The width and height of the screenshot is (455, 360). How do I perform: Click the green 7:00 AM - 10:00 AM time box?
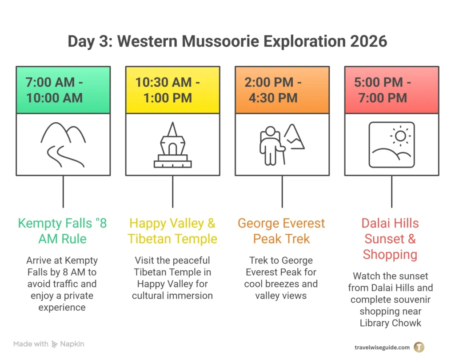click(x=63, y=90)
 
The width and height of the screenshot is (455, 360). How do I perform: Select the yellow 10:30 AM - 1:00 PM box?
click(x=172, y=90)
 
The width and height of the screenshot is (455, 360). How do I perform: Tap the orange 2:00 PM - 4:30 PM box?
click(x=282, y=90)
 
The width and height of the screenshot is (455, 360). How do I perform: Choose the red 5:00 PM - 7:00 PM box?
click(x=391, y=90)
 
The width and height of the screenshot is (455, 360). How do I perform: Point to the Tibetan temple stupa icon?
click(x=172, y=145)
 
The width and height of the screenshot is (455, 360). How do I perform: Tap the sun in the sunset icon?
click(x=401, y=135)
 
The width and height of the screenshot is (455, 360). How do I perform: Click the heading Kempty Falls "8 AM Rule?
click(x=63, y=231)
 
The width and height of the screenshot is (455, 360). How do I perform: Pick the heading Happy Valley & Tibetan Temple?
click(x=172, y=231)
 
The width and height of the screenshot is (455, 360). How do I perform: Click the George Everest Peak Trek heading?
click(x=282, y=231)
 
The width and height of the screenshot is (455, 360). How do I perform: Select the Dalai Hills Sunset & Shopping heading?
click(x=391, y=239)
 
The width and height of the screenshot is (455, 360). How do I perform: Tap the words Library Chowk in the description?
click(x=391, y=323)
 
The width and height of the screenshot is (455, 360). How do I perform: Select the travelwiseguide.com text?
click(x=382, y=347)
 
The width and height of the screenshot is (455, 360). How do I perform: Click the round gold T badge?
click(x=419, y=347)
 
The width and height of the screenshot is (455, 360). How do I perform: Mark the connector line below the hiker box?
click(x=282, y=191)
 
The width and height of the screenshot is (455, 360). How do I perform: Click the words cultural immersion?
click(x=172, y=296)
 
